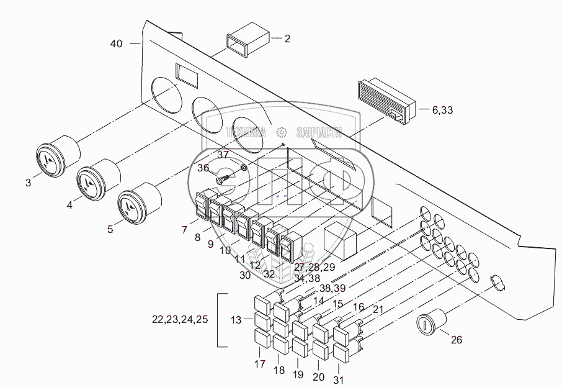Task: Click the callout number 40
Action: pyautogui.click(x=116, y=43)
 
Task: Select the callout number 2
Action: pyautogui.click(x=287, y=39)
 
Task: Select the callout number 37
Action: pyautogui.click(x=223, y=154)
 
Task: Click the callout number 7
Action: pyautogui.click(x=184, y=230)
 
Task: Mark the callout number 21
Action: pyautogui.click(x=378, y=310)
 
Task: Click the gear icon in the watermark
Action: pyautogui.click(x=281, y=132)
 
